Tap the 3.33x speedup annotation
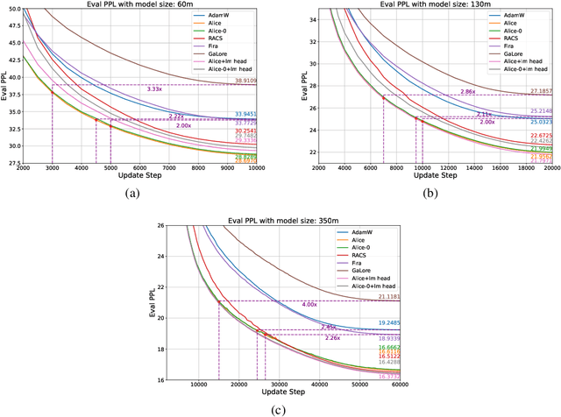154,89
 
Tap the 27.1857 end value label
542,91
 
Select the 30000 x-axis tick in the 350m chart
280,385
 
